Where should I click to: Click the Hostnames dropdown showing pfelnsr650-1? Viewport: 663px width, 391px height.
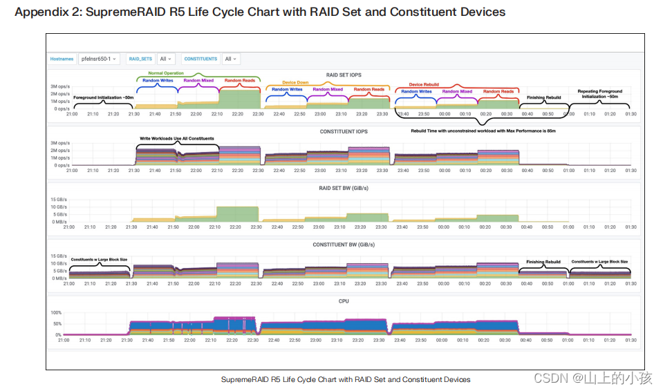(100, 59)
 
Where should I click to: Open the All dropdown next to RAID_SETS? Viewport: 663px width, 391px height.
(166, 59)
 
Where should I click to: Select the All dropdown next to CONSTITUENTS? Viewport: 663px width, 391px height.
(231, 59)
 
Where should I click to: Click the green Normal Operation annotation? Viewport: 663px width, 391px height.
(166, 73)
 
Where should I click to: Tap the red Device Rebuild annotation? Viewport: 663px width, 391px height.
(424, 85)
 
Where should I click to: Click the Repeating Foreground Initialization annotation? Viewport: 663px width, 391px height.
(599, 94)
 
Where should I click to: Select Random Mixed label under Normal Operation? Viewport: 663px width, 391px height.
(198, 81)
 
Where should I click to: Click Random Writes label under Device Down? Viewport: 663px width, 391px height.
(286, 89)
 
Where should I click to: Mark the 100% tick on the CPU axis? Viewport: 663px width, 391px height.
(56, 313)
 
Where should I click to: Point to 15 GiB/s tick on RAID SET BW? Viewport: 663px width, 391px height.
(58, 200)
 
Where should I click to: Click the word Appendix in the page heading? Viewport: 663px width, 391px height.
(41, 12)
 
